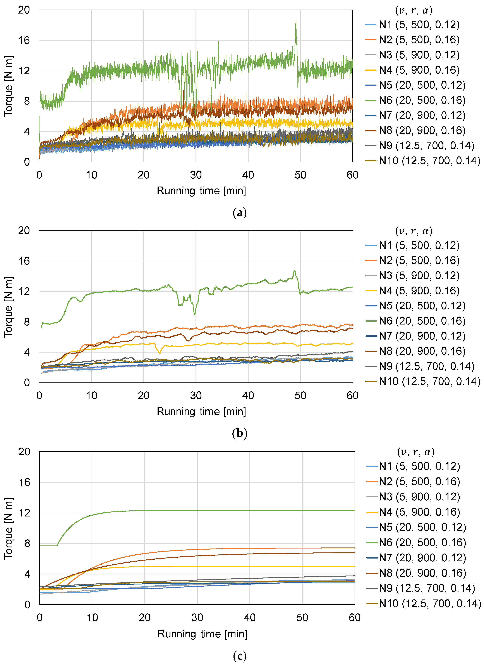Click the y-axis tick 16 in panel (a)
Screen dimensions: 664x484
pos(24,40)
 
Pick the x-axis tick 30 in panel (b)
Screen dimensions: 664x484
pos(196,396)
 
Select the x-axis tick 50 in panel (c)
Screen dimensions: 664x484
pos(302,618)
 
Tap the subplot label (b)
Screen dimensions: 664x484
pos(240,433)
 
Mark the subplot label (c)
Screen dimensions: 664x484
pos(240,656)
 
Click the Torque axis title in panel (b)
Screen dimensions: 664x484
pos(9,307)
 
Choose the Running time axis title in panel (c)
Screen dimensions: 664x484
pos(202,634)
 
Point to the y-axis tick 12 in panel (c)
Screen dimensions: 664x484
pos(24,513)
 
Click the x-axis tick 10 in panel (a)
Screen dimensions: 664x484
pos(91,175)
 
